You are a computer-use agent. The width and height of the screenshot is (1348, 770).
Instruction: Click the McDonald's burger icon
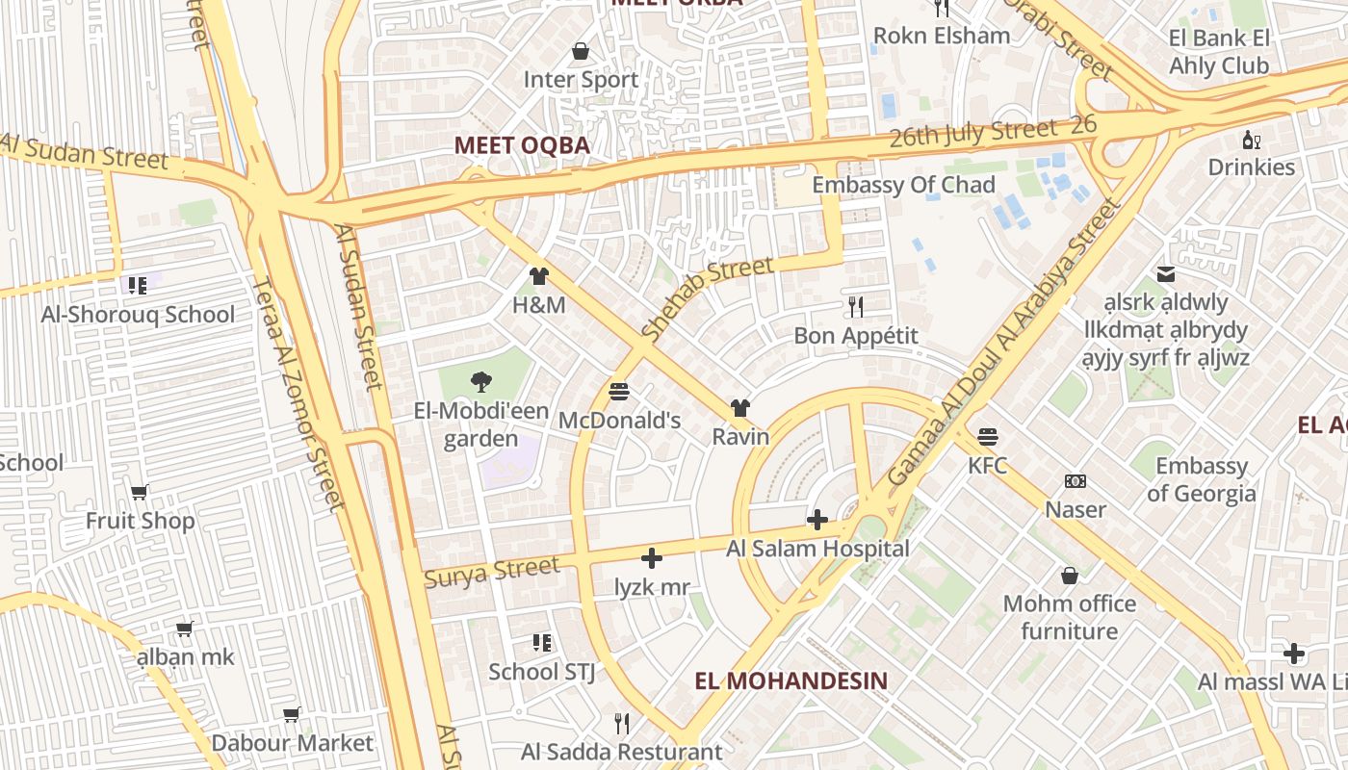click(619, 392)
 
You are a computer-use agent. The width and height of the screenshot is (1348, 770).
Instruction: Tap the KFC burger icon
click(987, 437)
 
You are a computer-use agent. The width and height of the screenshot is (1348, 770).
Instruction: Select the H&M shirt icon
click(538, 277)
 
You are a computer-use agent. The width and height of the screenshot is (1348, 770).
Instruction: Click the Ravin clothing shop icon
click(739, 408)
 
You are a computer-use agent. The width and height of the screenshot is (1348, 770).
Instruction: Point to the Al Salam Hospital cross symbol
click(817, 521)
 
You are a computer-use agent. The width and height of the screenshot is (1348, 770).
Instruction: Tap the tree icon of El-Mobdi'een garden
click(480, 382)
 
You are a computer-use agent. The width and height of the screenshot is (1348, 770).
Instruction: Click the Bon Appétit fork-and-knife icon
click(855, 307)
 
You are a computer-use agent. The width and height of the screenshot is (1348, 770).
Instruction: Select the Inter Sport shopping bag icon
click(581, 51)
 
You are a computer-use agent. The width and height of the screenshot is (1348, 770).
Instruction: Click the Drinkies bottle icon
click(1251, 140)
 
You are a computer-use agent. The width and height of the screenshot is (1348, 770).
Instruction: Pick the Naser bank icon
click(1075, 480)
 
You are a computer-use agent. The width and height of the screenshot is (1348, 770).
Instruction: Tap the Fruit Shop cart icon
click(140, 493)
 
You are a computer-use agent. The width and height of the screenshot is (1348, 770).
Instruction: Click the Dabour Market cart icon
click(292, 714)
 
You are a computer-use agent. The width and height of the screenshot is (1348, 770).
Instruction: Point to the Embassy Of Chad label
click(903, 185)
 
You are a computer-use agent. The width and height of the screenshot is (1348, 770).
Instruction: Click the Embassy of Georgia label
click(1201, 479)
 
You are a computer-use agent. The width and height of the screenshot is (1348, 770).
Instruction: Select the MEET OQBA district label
click(521, 145)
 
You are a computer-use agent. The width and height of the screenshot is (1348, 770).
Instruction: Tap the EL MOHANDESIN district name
click(791, 680)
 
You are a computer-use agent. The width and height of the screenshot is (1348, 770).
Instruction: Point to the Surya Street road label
click(491, 572)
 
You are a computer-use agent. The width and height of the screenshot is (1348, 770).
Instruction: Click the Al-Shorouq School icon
click(137, 285)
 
